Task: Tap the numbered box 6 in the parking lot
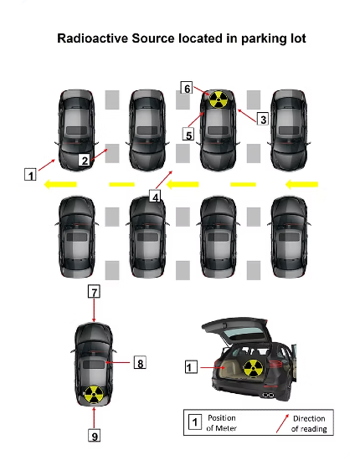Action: click(x=187, y=88)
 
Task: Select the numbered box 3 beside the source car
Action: click(x=263, y=119)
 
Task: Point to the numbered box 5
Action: click(x=188, y=135)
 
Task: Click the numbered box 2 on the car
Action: click(x=85, y=161)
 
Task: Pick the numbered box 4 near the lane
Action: click(x=155, y=197)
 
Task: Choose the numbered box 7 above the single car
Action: click(x=94, y=292)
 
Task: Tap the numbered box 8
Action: click(x=140, y=363)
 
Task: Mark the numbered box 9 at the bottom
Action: click(x=95, y=436)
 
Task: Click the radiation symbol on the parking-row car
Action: click(x=219, y=100)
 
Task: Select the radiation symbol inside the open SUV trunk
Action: click(x=253, y=368)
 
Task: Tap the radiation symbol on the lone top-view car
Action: click(x=94, y=395)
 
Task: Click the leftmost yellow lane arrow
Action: click(x=60, y=184)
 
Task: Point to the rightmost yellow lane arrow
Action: click(x=301, y=184)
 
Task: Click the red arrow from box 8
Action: click(x=118, y=363)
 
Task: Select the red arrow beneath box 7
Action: click(x=94, y=310)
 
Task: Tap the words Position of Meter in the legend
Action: click(x=221, y=422)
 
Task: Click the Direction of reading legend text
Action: click(x=309, y=423)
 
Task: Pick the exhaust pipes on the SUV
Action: click(x=269, y=395)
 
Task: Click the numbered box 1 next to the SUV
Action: click(x=191, y=367)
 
